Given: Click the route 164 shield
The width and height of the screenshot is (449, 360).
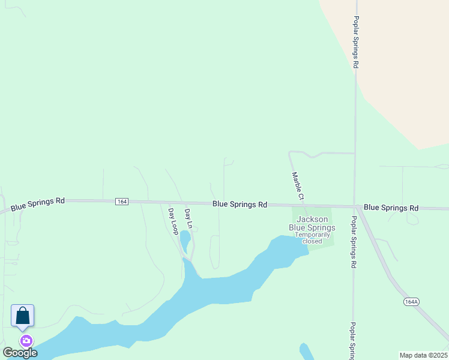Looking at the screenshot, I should point(122,201).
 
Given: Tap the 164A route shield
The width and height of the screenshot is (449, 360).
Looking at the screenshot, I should point(411,302).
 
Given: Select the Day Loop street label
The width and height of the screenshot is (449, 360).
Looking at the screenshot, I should point(173,221).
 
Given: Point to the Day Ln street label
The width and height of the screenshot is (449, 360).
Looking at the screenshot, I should point(188,218).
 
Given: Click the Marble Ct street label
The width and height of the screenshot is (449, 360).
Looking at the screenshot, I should point(298,186).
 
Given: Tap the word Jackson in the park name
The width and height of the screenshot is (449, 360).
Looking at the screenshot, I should point(312,220).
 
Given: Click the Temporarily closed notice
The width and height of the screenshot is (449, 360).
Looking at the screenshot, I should point(312,238).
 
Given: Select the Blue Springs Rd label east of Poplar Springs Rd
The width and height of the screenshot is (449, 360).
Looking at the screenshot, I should point(391,208).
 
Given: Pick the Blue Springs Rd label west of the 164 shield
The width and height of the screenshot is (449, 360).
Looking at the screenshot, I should point(37,203).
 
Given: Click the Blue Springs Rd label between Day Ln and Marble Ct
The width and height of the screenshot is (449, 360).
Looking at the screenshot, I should point(240,205).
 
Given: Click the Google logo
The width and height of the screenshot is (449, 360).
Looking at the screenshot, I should point(20,353).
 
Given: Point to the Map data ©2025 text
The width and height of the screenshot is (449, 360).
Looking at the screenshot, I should point(424,355).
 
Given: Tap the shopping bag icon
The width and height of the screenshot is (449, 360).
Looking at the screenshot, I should point(22,316).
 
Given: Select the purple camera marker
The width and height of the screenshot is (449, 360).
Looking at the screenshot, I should point(26,341).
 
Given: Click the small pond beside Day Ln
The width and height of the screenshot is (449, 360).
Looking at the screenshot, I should point(185,241).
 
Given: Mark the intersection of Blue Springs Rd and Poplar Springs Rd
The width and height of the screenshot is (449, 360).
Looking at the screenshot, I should point(356,207).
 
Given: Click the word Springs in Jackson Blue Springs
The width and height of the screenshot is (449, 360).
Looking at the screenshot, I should point(321,227).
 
